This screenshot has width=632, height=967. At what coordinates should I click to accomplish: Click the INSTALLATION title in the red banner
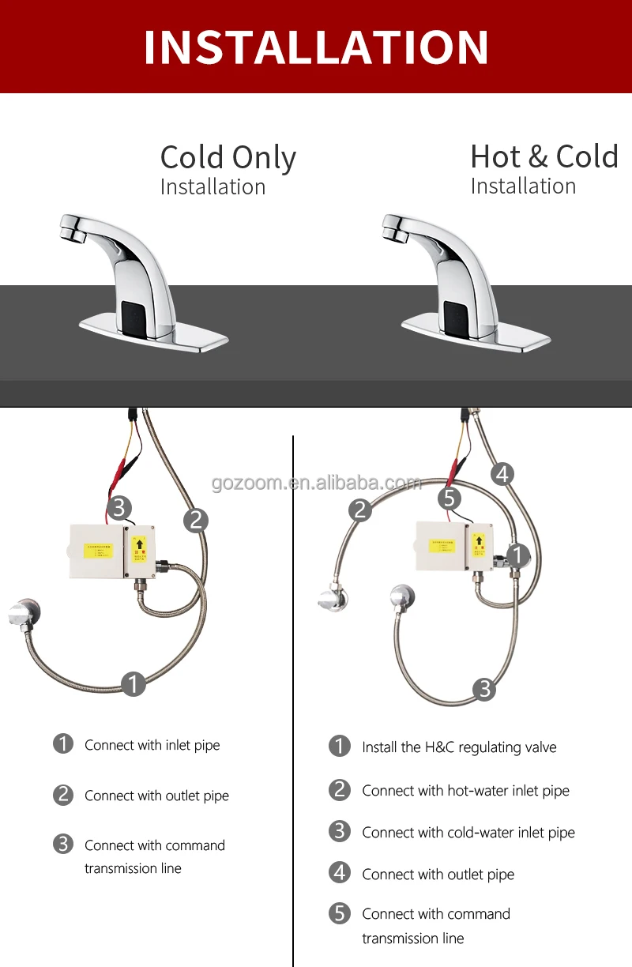pos(316,47)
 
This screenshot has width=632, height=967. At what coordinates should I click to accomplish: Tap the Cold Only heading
pos(228,157)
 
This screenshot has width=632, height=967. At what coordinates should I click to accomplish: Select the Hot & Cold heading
pos(544,156)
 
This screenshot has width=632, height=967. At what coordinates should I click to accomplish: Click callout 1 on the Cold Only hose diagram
pos(134,683)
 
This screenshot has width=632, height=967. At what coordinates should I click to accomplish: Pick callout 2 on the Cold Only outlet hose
pos(196,520)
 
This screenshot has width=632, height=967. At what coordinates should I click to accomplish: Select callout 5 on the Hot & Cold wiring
pos(450,499)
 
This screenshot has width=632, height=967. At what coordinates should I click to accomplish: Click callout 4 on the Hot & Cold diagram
pos(502,474)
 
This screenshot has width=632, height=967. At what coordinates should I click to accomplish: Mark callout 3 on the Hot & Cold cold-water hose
pos(484,689)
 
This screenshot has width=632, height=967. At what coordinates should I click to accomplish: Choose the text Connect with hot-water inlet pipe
pos(465,791)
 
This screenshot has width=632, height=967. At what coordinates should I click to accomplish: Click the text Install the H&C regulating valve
pos(459,747)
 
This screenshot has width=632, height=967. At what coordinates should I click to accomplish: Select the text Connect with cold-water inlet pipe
pos(468,833)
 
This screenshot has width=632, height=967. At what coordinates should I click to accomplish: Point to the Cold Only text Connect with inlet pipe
pos(152,745)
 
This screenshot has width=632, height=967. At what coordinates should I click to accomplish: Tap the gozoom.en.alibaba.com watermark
pos(316,483)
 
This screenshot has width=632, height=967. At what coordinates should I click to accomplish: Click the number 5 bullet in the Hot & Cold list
pos(340,914)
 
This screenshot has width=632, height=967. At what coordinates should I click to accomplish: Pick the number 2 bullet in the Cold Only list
pos(63,795)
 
